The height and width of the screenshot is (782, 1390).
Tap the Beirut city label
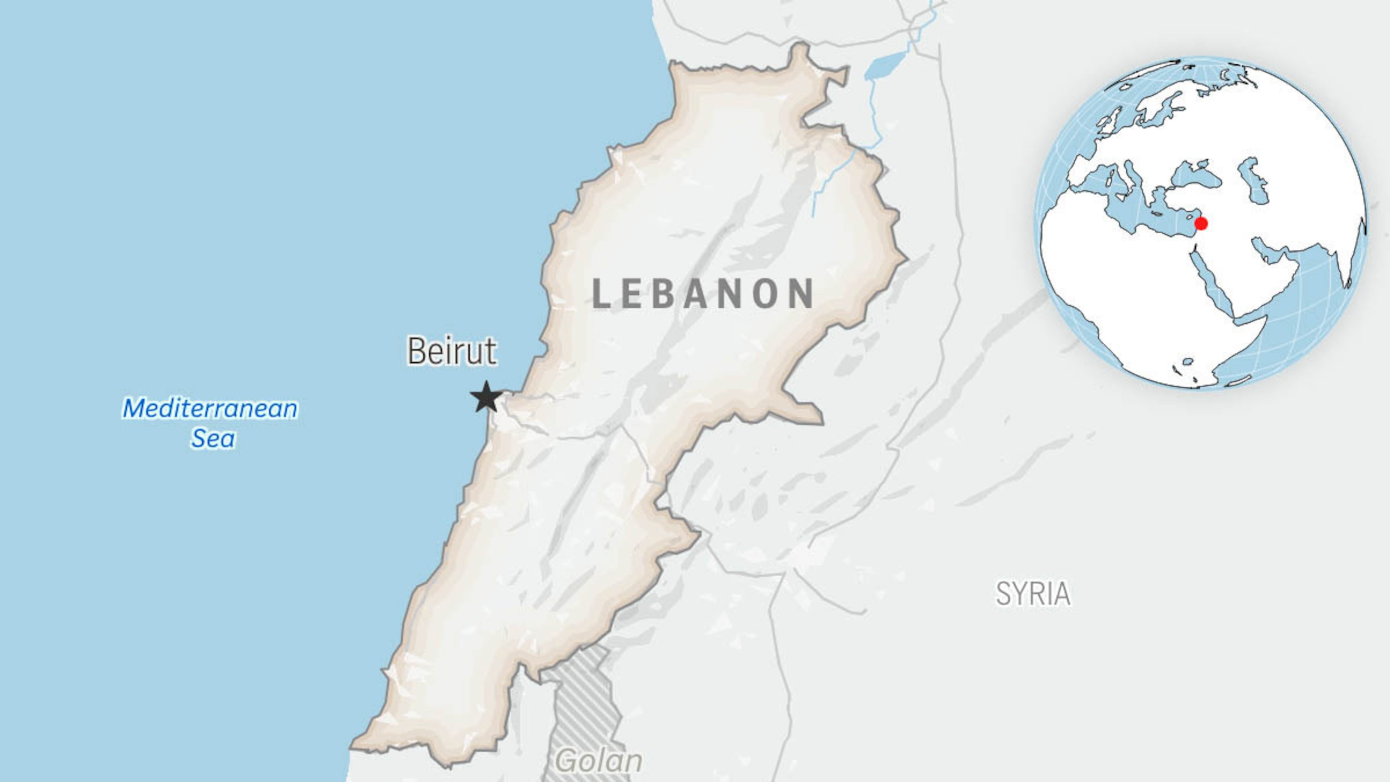[x=452, y=351]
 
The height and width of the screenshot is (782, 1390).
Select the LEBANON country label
[x=703, y=294]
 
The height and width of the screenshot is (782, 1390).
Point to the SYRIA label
[x=1033, y=594]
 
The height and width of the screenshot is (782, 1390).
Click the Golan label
[x=599, y=761]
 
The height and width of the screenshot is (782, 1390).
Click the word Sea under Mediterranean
[x=212, y=438]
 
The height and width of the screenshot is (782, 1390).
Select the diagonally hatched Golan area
[x=583, y=702]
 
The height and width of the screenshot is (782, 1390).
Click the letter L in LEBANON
[x=601, y=294]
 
